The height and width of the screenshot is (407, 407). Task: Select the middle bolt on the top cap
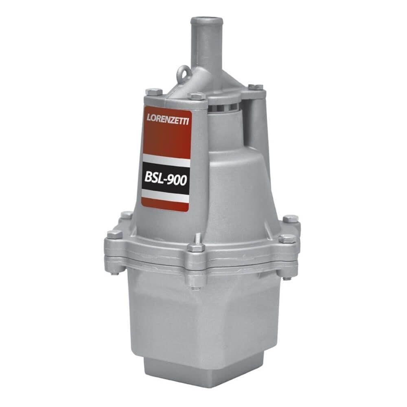point(198,96)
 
